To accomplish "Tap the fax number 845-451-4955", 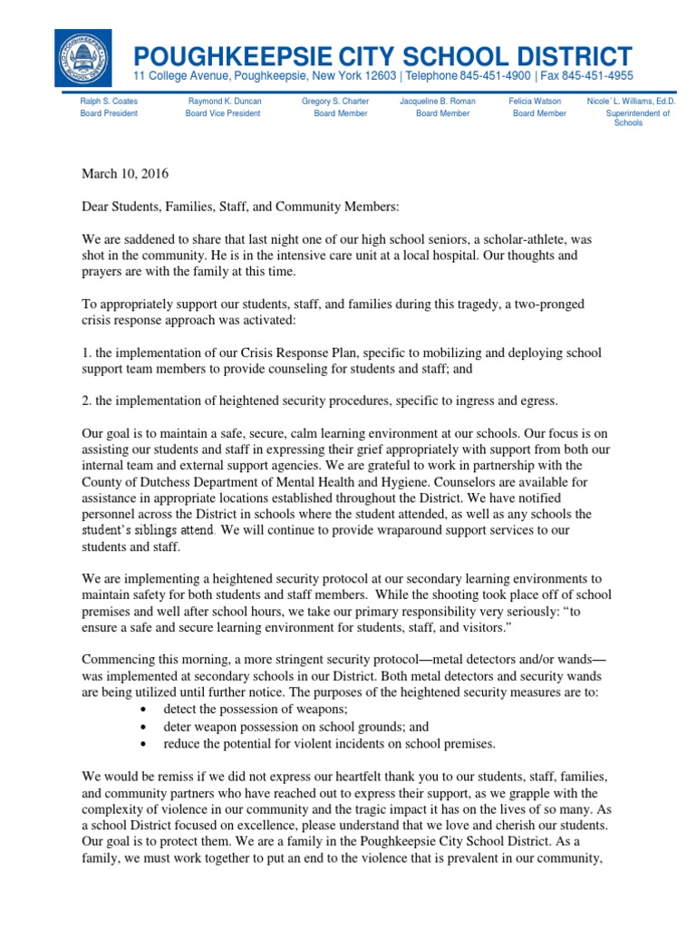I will click(x=594, y=76).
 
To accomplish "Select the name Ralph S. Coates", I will click(x=109, y=101).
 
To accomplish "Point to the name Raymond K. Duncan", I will click(x=224, y=101).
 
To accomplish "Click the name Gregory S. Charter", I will click(x=335, y=101).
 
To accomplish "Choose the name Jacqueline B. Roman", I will click(x=438, y=101).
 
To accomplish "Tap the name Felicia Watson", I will click(x=535, y=101).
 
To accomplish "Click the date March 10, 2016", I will click(x=125, y=173).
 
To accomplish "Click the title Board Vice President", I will click(x=224, y=113).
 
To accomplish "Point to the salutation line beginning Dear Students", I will click(x=240, y=207).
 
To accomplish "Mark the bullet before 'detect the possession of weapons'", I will click(x=146, y=708).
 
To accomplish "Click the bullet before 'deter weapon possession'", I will click(x=146, y=727).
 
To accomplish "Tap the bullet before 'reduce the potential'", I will click(x=146, y=745).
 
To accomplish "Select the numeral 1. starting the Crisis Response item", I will click(x=86, y=353).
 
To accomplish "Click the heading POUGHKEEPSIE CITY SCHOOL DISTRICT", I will click(x=382, y=54).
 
